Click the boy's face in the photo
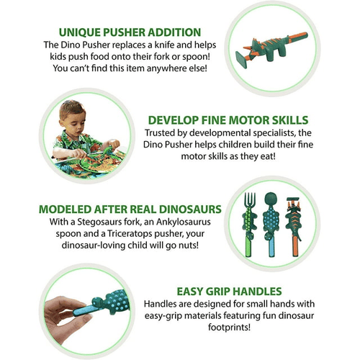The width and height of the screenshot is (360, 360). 71,119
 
